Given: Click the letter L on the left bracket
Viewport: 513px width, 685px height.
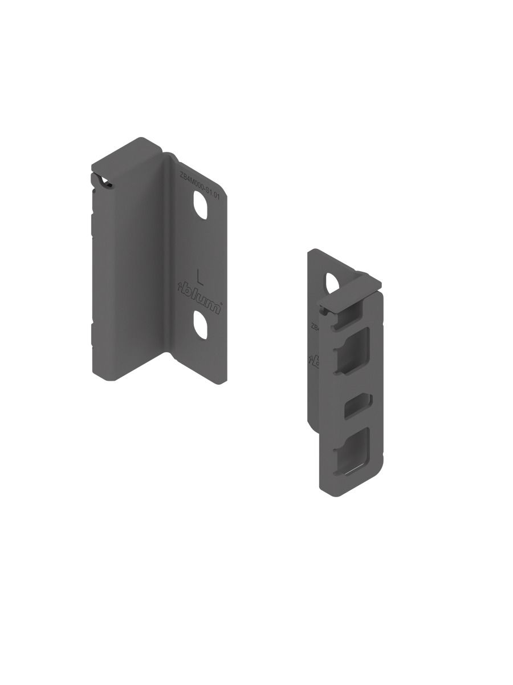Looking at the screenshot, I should tap(200, 276).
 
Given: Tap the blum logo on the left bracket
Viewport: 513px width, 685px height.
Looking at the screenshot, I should tap(200, 296).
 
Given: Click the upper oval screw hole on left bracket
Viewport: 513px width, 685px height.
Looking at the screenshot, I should tap(201, 206).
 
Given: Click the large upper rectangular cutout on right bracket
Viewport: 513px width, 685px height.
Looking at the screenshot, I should tap(353, 352).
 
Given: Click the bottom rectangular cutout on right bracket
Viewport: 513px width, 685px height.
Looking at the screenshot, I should tap(353, 450).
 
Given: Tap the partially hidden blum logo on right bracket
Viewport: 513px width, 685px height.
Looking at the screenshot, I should tap(314, 359).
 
